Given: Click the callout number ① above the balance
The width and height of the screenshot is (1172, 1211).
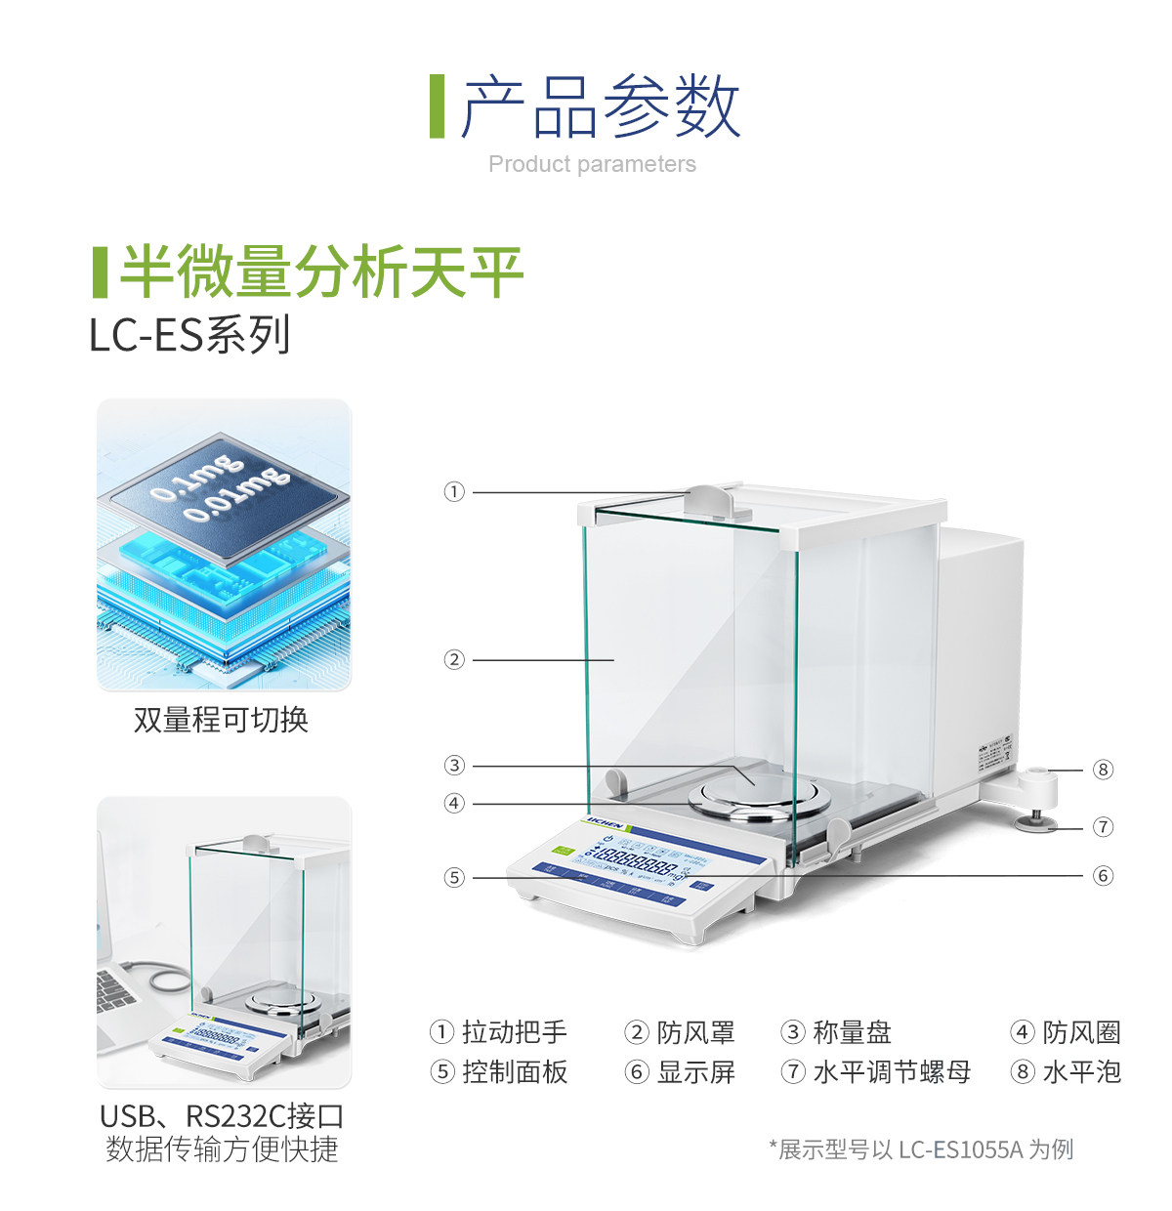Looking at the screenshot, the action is pos(454,492).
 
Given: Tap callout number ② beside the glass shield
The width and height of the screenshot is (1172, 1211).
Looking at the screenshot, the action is pos(454,660).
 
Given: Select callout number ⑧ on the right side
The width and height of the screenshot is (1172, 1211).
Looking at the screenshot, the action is pos(1103,770).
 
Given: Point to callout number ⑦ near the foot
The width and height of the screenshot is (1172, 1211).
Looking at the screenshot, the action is pos(1103,827).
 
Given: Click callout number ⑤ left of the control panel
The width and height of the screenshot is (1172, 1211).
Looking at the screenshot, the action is pos(454,878).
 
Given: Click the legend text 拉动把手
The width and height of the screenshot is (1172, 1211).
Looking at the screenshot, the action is pos(514,1032).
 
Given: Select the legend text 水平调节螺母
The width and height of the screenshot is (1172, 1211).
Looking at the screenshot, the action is pos(892,1072).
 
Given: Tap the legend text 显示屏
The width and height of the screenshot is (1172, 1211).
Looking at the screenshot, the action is pos(695,1072).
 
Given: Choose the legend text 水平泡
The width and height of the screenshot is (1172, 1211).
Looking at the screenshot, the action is pos(1081,1072).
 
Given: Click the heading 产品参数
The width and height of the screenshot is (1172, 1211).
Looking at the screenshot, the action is pos(600,106).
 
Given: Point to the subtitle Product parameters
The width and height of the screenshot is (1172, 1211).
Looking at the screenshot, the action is pos(592,164).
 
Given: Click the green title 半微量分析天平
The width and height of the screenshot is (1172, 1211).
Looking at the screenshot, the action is pos(321,271).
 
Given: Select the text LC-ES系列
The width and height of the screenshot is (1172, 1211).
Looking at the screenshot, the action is pos(189,335).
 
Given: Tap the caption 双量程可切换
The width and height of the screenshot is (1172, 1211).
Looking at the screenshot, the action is pos(222,720).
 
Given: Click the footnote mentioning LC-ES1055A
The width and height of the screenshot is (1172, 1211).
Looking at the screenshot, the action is pos(921,1149).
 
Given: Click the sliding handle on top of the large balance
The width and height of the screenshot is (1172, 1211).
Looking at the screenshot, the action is pos(709,500).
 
